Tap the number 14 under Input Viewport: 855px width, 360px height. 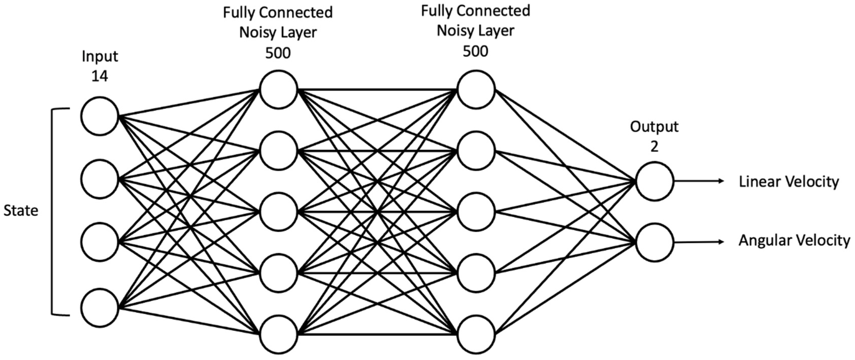coord(99,76)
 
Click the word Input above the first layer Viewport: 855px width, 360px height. coord(99,56)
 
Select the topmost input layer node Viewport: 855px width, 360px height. coord(99,116)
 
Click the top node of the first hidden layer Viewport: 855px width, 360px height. coord(278,90)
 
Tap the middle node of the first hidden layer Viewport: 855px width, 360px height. coord(278,212)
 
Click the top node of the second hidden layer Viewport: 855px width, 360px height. coord(476,90)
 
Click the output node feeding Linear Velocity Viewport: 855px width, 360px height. coord(654,181)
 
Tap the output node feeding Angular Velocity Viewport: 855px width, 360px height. coord(654,242)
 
